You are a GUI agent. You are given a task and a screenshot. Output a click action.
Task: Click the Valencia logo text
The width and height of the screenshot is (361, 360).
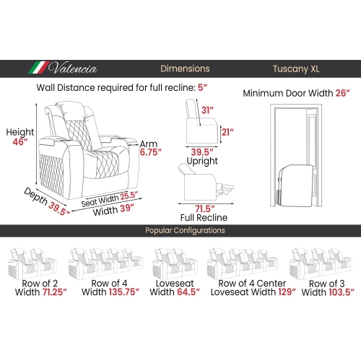(73, 69)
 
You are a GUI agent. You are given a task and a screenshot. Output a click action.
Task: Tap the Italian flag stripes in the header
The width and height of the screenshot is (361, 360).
(38, 68)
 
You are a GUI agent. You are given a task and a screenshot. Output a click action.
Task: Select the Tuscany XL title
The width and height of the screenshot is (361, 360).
(296, 69)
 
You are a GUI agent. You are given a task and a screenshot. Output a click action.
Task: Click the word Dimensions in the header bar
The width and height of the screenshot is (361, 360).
(185, 69)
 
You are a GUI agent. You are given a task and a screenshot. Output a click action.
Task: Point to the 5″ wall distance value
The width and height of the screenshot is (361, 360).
(202, 87)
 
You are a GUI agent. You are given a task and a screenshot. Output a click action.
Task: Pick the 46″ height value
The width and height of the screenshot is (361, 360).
(20, 142)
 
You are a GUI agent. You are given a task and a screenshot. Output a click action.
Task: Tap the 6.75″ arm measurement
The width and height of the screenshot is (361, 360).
(151, 152)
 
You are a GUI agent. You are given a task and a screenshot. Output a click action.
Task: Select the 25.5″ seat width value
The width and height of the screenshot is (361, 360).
(129, 196)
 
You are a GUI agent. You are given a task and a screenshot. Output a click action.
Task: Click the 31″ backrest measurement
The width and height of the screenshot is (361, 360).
(207, 110)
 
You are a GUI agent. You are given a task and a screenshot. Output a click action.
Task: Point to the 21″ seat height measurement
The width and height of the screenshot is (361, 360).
(227, 132)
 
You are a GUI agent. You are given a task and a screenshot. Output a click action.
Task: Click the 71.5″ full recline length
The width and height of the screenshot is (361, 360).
(205, 208)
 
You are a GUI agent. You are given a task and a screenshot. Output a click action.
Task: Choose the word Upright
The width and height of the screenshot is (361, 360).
(202, 161)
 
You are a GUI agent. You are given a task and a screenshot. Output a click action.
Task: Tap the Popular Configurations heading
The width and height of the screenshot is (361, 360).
(185, 230)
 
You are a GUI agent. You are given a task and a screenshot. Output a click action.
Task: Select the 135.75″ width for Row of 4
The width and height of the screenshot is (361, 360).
(124, 292)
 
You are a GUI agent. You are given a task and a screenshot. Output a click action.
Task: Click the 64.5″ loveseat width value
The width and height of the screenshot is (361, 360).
(188, 292)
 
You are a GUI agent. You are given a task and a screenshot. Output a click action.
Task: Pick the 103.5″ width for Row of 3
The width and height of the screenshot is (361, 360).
(342, 292)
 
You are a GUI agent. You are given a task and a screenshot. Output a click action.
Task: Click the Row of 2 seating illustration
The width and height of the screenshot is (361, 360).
(32, 263)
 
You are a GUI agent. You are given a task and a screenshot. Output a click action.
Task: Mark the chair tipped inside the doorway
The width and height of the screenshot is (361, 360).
(297, 185)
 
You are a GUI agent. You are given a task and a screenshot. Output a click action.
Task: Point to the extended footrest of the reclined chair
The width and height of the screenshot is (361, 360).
(225, 189)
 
